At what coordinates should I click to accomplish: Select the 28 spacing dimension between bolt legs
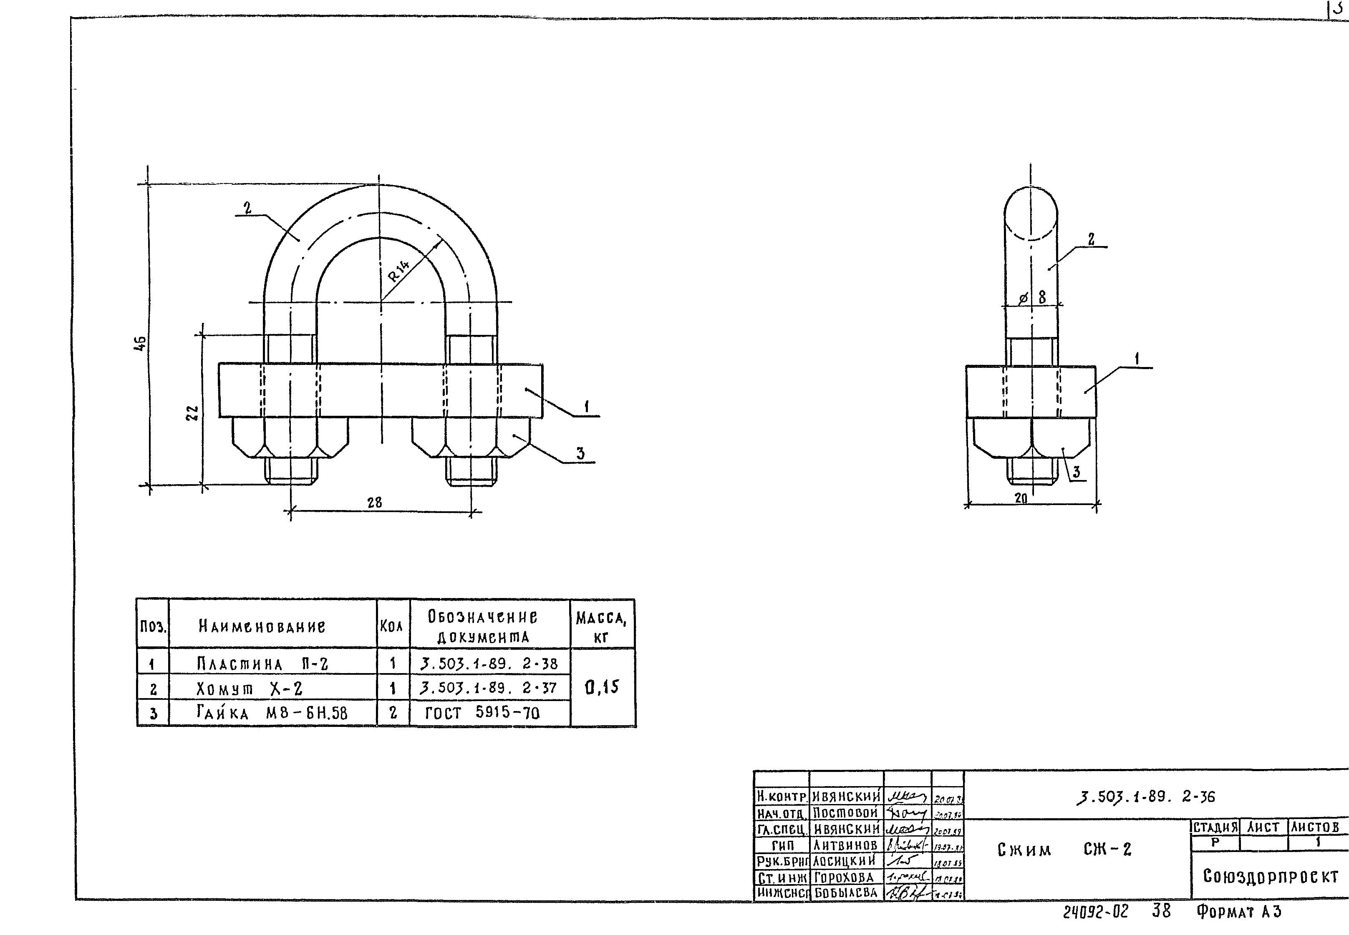click(374, 502)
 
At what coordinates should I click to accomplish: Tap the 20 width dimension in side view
click(1021, 498)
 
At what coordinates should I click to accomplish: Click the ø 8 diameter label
click(1033, 298)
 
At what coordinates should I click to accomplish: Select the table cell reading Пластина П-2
click(262, 664)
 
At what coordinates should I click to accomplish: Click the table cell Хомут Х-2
click(250, 689)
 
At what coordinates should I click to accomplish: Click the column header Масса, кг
click(601, 626)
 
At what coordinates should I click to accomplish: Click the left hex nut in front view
click(290, 437)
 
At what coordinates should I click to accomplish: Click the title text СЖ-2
click(1107, 850)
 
